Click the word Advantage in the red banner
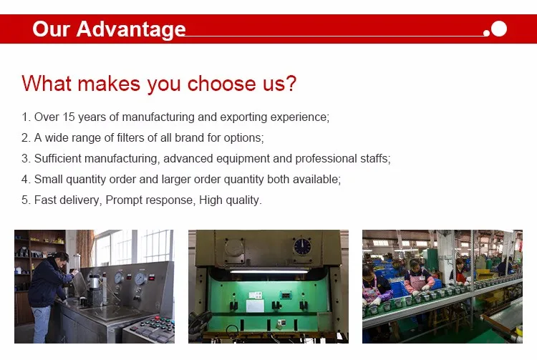pyautogui.click(x=131, y=29)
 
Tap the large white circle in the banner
pyautogui.click(x=498, y=29)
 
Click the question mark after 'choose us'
pyautogui.click(x=291, y=83)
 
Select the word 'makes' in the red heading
pyautogui.click(x=109, y=84)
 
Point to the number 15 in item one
pyautogui.click(x=69, y=117)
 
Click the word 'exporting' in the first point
pyautogui.click(x=243, y=117)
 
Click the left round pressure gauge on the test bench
pyautogui.click(x=119, y=278)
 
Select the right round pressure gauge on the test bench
pyautogui.click(x=140, y=278)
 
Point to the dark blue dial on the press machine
pyautogui.click(x=302, y=246)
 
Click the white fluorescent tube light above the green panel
pyautogui.click(x=269, y=271)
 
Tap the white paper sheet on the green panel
pyautogui.click(x=255, y=306)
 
